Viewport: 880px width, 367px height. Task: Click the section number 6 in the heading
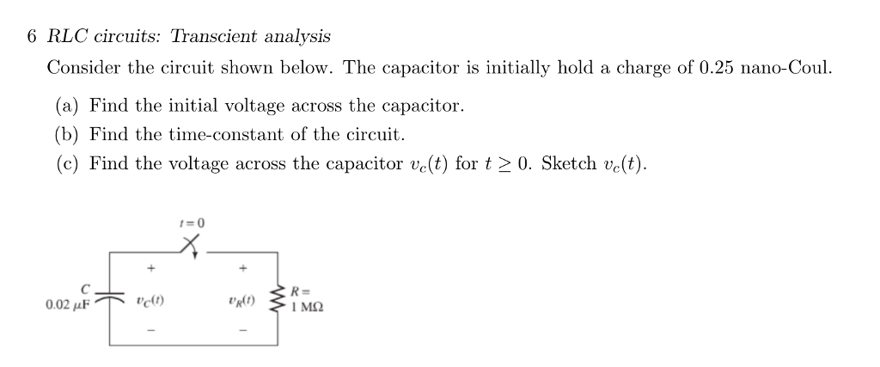pyautogui.click(x=31, y=36)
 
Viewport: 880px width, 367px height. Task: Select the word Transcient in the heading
pyautogui.click(x=216, y=36)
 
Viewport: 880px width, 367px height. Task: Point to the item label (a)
pyautogui.click(x=68, y=107)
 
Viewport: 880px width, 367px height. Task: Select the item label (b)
pyautogui.click(x=68, y=134)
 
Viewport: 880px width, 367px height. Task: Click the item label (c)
pyautogui.click(x=68, y=162)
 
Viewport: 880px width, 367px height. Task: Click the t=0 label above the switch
pyautogui.click(x=191, y=223)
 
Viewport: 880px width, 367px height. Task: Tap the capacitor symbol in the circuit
pyautogui.click(x=110, y=296)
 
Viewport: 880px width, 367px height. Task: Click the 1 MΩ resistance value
pyautogui.click(x=308, y=306)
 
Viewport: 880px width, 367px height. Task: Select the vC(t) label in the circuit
pyautogui.click(x=150, y=302)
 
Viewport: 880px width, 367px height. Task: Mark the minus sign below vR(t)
pyautogui.click(x=243, y=329)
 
